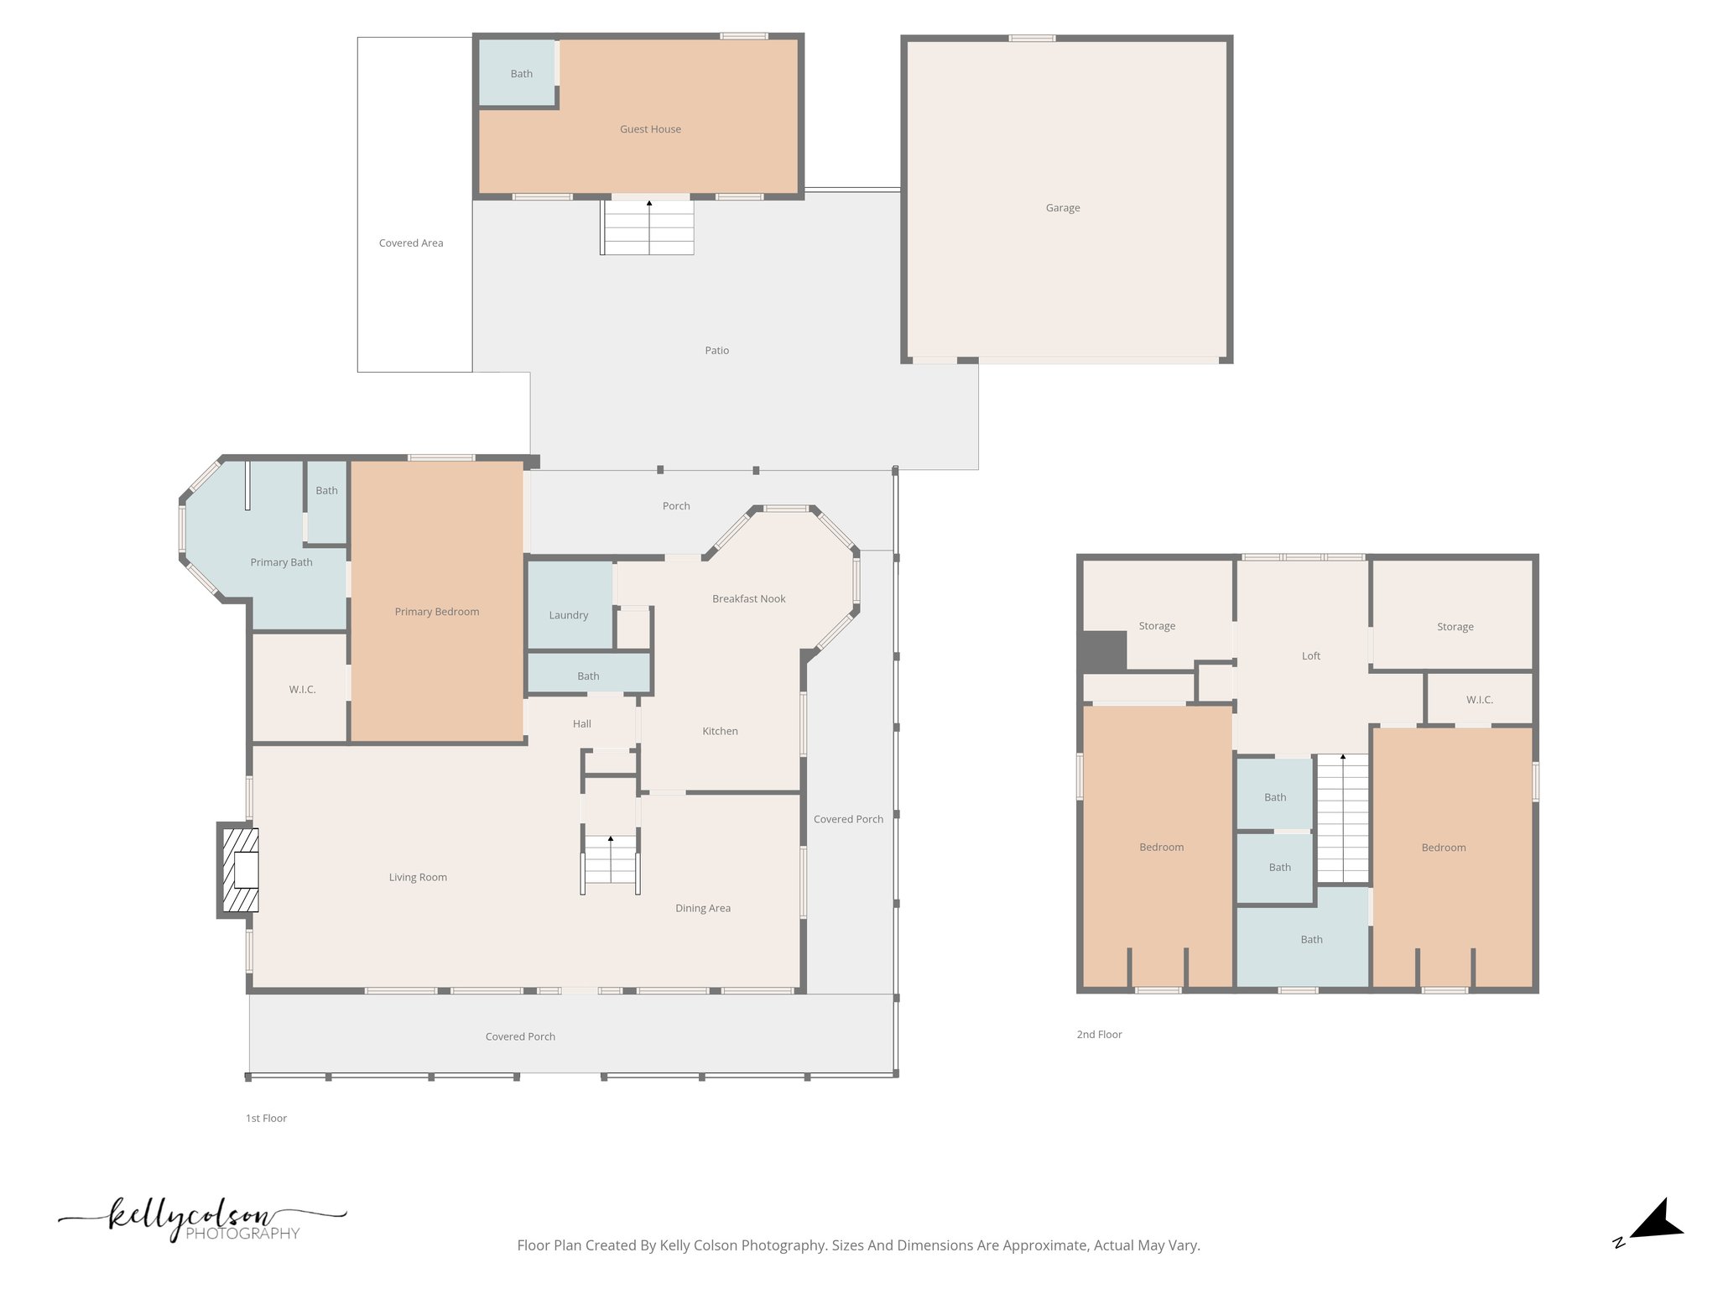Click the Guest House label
point(650,129)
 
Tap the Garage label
point(1062,208)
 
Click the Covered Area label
point(411,243)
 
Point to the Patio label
point(716,351)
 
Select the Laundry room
point(569,615)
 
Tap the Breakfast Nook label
point(748,599)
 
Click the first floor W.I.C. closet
point(302,690)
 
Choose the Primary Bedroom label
point(437,612)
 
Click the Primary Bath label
point(281,562)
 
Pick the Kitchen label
point(720,732)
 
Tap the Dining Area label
point(702,908)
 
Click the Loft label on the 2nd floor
point(1310,656)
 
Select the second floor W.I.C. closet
point(1479,700)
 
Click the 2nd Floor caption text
point(1099,1035)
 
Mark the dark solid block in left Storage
point(1102,651)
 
